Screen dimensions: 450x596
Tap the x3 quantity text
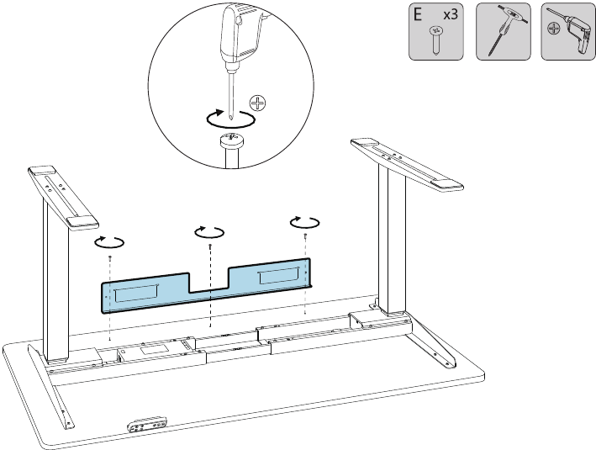[x=450, y=15]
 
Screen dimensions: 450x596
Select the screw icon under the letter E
[x=436, y=39]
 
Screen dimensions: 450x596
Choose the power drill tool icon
[x=567, y=33]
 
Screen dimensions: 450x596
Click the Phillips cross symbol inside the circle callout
[x=258, y=104]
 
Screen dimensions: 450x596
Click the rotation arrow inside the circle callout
[x=229, y=119]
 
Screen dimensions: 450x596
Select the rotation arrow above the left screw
[x=109, y=241]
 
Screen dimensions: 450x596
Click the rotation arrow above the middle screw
[x=209, y=230]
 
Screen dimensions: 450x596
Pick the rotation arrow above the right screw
[x=304, y=222]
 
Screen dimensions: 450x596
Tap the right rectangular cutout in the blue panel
[x=278, y=276]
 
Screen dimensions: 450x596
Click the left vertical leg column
[x=55, y=286]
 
